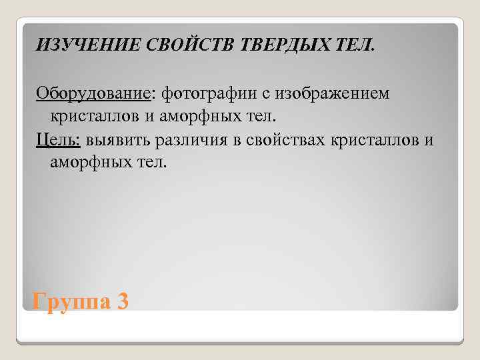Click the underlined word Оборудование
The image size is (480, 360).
click(x=93, y=94)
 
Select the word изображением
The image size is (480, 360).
click(x=328, y=94)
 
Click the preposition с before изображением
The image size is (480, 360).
click(x=259, y=94)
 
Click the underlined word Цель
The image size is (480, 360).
click(x=57, y=139)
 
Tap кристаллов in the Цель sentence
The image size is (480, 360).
click(x=383, y=139)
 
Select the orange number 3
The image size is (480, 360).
click(x=121, y=301)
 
